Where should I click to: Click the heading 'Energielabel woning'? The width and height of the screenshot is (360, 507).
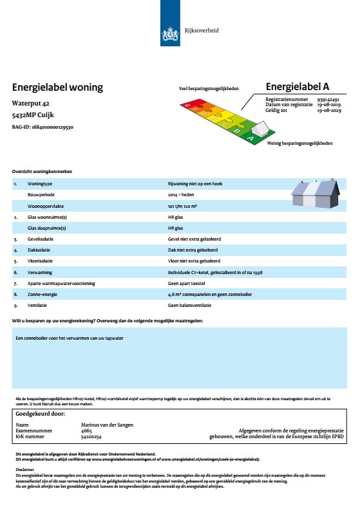click(x=57, y=88)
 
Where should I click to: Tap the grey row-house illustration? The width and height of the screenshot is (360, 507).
click(x=316, y=192)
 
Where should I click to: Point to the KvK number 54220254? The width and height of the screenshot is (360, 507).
click(x=91, y=437)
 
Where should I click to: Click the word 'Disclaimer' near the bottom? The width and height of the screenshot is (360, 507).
click(x=24, y=469)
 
